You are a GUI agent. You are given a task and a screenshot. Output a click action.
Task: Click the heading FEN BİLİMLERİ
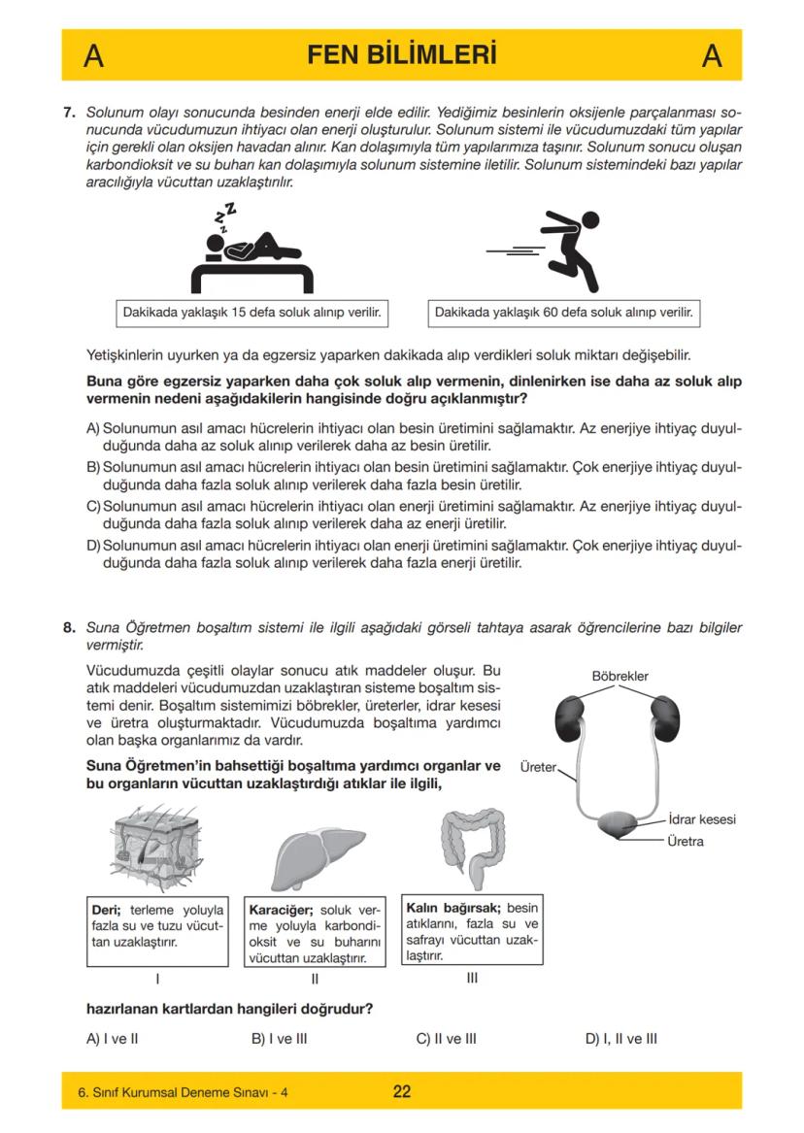click(401, 55)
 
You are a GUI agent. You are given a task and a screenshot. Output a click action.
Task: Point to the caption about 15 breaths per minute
click(250, 314)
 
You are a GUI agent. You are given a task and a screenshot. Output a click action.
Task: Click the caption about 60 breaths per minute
click(563, 314)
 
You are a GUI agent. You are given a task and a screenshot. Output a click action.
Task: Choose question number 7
click(69, 113)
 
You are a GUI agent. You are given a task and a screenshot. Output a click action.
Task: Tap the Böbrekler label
click(620, 676)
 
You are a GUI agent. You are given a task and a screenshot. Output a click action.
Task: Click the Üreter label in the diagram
click(538, 767)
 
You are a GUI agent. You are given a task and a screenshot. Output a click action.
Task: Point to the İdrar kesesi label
click(703, 819)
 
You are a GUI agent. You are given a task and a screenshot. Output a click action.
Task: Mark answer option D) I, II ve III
click(620, 1038)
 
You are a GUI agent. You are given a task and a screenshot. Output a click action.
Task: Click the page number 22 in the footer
click(401, 1091)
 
